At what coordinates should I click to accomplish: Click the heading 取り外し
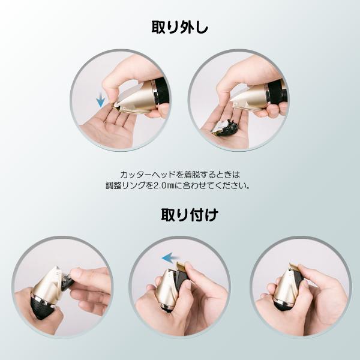[x=180, y=28]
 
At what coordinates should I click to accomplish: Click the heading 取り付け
[x=190, y=215]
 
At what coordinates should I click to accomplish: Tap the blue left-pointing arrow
[x=170, y=258]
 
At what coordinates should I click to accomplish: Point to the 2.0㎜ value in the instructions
[x=164, y=185]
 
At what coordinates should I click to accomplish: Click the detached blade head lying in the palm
[x=225, y=127]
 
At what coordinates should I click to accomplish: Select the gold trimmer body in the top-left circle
[x=136, y=98]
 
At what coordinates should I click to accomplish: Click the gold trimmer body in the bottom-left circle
[x=48, y=283]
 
